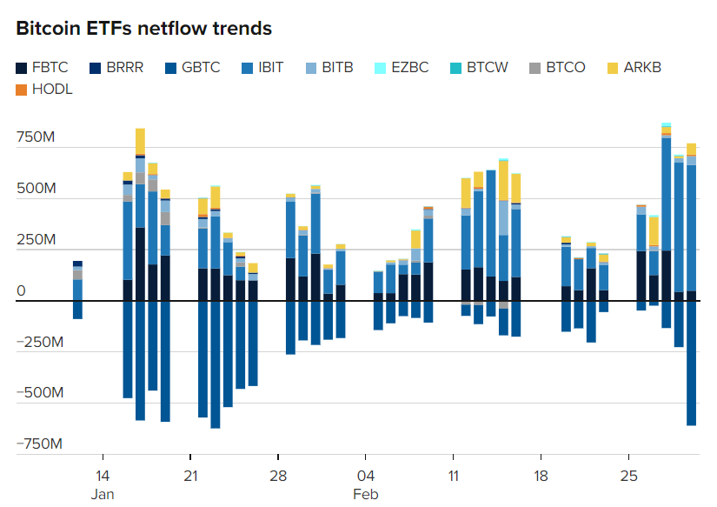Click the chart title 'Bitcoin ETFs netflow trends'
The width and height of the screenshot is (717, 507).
coord(144,28)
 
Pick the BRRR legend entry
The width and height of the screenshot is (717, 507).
coord(121,67)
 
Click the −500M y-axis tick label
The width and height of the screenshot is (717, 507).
coord(40,393)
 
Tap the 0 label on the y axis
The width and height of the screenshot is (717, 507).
coord(22,291)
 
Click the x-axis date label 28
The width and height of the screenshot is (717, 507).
coord(278,477)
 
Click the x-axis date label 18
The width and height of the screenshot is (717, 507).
coord(541,477)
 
